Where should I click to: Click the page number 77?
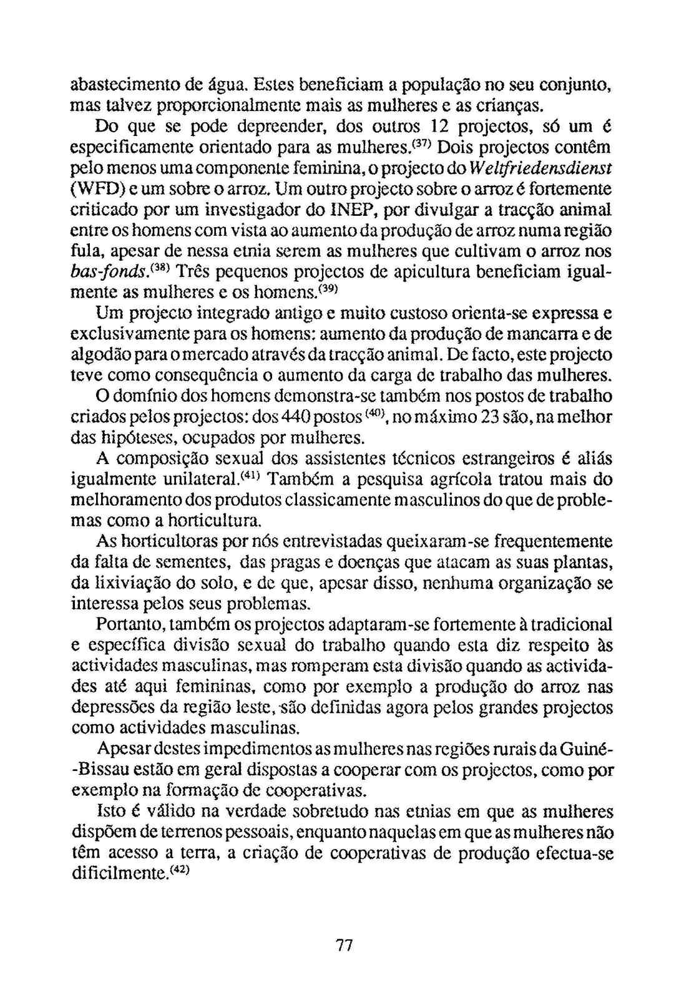click(x=344, y=946)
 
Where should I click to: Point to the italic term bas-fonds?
click(x=109, y=273)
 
